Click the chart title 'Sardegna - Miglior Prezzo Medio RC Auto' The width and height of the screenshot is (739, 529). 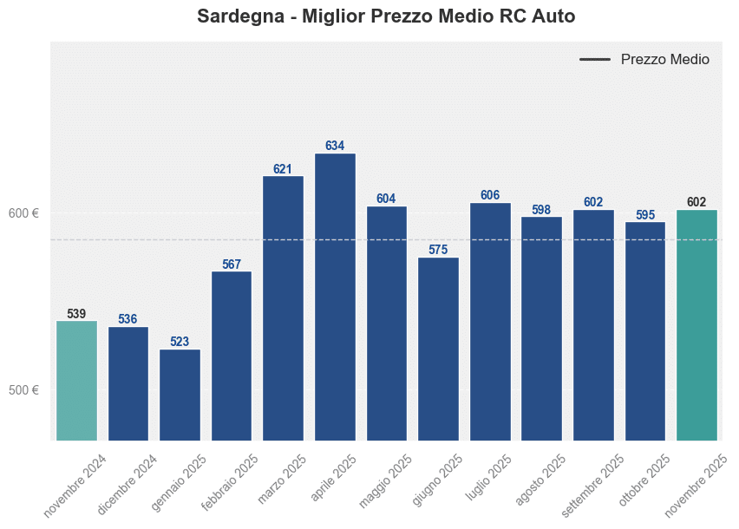[x=386, y=16]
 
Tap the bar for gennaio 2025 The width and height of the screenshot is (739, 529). [x=180, y=395]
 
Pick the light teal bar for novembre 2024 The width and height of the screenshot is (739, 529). [x=76, y=381]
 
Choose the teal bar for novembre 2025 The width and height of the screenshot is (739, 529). [x=696, y=325]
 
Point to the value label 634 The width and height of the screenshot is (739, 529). [x=335, y=146]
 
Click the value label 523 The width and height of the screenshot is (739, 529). [x=180, y=342]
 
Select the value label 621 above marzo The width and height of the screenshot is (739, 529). [x=283, y=169]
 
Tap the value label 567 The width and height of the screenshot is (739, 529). [x=232, y=264]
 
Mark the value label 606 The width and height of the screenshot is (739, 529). [x=490, y=195]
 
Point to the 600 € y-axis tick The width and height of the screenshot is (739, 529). [x=23, y=213]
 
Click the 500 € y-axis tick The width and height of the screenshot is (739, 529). [x=23, y=390]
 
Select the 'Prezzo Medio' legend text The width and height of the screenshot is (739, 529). [x=665, y=60]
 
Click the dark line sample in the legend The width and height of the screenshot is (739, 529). [x=595, y=60]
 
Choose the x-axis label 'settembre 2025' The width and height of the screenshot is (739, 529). [x=592, y=481]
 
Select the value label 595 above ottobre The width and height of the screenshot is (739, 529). [x=645, y=214]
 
